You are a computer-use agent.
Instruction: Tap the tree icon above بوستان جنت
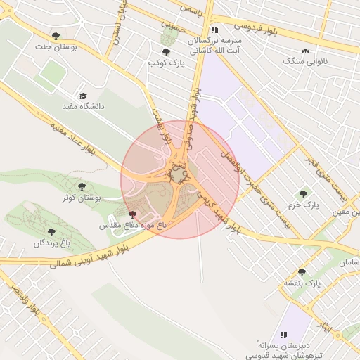click(x=56, y=35)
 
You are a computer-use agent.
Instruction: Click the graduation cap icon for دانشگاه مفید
click(x=83, y=96)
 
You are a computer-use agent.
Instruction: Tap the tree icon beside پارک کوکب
click(x=166, y=52)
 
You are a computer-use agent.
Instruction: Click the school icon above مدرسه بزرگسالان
click(x=214, y=30)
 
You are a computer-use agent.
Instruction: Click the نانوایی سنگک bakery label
click(x=304, y=62)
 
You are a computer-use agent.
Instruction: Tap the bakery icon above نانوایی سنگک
click(x=305, y=51)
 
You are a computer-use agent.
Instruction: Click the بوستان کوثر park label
click(x=82, y=198)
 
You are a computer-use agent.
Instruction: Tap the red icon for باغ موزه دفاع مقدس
click(x=133, y=214)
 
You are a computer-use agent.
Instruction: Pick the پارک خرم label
click(x=304, y=205)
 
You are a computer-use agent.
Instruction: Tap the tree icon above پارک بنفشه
click(x=302, y=272)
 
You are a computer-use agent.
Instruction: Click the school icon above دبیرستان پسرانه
click(x=283, y=335)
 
